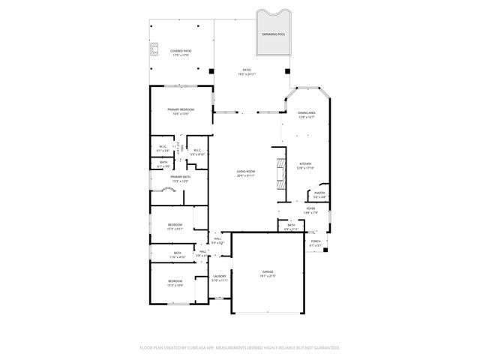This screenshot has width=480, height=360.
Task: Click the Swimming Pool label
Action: tap(273, 34)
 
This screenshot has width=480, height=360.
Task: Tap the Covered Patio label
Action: tap(181, 51)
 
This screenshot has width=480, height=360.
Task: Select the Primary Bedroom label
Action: tap(181, 109)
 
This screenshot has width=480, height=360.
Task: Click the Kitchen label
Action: tap(305, 163)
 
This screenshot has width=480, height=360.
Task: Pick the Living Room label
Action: tap(246, 172)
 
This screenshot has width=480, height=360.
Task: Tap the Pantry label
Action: tap(319, 193)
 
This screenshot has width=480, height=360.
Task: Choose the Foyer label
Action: tap(310, 209)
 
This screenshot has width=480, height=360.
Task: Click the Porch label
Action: tap(316, 241)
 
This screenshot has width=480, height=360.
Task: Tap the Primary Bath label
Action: tap(180, 177)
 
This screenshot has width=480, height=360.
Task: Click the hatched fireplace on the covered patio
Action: tap(155, 50)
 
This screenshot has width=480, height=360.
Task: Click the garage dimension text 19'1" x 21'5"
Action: tap(268, 276)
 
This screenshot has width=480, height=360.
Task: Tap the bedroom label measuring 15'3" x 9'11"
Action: tap(175, 227)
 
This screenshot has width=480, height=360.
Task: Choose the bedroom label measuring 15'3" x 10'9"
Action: tap(175, 284)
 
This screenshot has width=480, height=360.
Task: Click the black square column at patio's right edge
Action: tap(286, 71)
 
